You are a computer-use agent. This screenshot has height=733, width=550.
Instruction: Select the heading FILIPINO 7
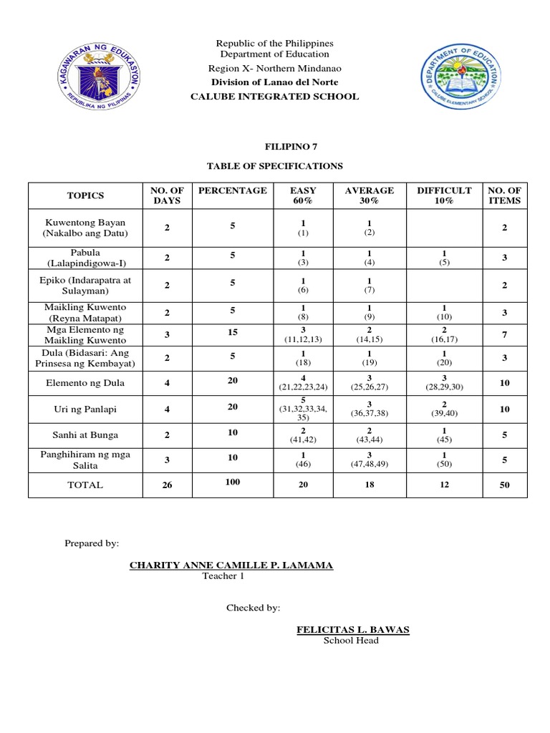pos(275,146)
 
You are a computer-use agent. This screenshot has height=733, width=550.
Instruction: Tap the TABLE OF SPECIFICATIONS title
pos(275,166)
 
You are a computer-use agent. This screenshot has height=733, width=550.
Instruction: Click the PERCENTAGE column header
pos(232,190)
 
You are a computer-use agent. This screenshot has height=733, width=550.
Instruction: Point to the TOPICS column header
pos(85,195)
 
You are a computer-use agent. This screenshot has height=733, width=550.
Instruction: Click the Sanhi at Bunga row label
pos(85,435)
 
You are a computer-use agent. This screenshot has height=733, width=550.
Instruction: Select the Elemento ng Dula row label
pos(85,383)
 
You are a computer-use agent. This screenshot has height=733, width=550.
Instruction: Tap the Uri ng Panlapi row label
pos(85,409)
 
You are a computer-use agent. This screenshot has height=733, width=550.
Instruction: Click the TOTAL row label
pos(85,485)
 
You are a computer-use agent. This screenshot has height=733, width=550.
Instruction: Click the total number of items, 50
pos(504,485)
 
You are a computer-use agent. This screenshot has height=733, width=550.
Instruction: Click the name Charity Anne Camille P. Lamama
pos(231,565)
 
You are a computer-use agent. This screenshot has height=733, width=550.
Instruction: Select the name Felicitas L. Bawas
pos(353,629)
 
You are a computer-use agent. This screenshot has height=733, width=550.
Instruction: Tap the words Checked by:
pos(253,608)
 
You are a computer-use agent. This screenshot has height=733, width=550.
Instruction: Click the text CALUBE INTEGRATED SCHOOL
pos(275,97)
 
